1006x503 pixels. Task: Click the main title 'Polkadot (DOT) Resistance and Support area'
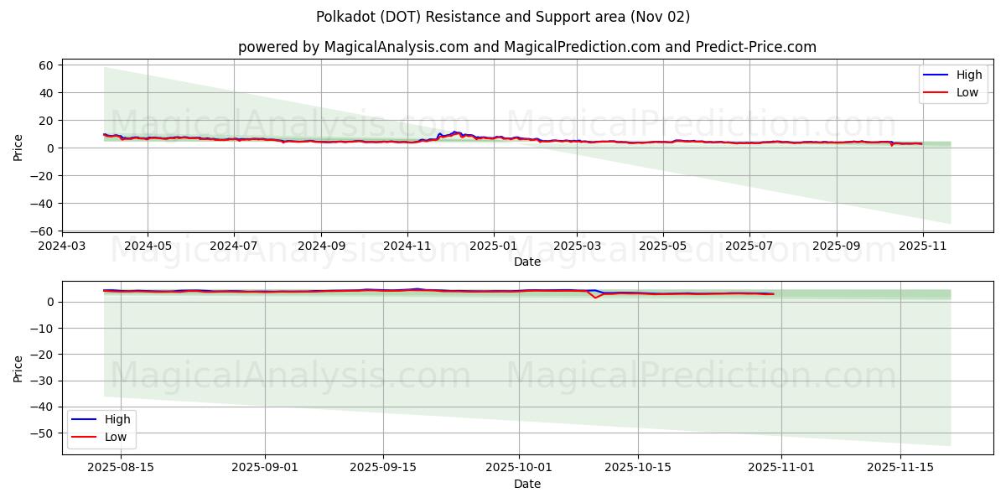coord(503,17)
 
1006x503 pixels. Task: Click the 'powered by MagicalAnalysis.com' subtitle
coord(526,47)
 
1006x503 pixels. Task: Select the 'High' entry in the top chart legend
coord(969,75)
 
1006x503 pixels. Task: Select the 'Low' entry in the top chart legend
coord(967,92)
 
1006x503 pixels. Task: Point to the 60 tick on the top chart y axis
coord(46,65)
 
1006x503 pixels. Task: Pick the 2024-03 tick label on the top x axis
coord(61,246)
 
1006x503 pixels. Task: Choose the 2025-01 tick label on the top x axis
coord(493,246)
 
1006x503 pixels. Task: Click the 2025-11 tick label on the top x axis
coord(922,246)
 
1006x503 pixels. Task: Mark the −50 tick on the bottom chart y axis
coord(43,433)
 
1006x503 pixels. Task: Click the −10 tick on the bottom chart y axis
coord(43,329)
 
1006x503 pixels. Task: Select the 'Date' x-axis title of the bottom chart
coord(527,484)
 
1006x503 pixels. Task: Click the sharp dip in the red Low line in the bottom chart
coord(596,298)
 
